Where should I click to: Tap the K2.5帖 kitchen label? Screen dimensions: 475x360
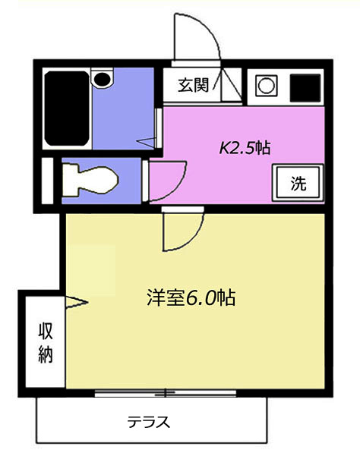click(x=245, y=147)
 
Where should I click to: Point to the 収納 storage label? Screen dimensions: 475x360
click(x=46, y=343)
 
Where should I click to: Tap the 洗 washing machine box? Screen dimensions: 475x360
click(x=298, y=183)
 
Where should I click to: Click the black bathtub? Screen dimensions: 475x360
click(x=66, y=109)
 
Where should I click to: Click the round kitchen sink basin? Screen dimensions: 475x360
click(x=266, y=86)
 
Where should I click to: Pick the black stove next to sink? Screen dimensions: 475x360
click(x=305, y=87)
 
